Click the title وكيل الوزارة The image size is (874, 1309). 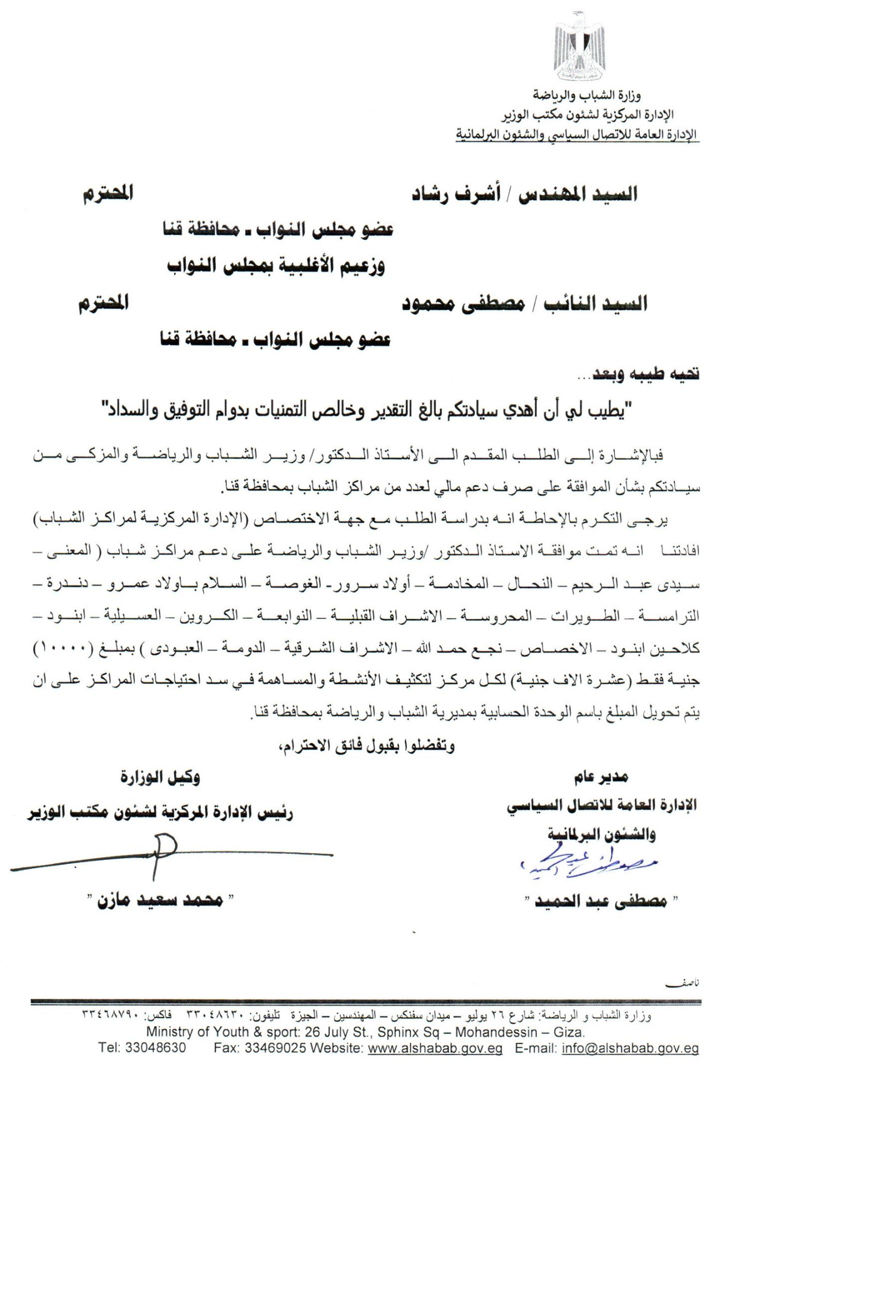coord(160,777)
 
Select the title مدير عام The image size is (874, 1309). coord(601,777)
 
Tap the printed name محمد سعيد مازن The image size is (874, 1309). coord(160,900)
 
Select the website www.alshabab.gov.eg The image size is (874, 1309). coord(435,1048)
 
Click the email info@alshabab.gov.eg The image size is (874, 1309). coord(630,1048)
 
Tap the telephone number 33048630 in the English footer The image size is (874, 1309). coord(155,1048)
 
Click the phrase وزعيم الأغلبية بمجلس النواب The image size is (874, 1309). coord(276,267)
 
